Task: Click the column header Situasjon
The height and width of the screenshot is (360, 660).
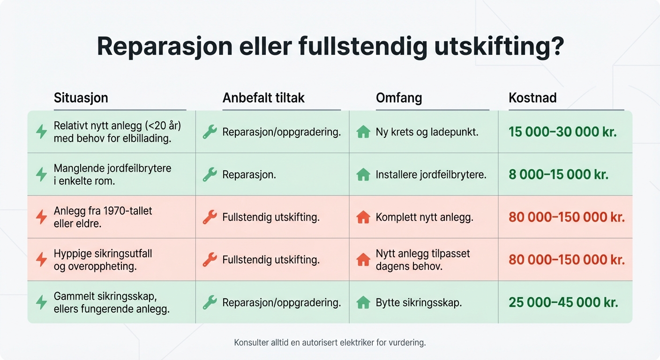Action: [81, 98]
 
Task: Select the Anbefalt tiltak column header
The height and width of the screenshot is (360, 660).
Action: [263, 98]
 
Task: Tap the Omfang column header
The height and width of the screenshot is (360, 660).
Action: [399, 98]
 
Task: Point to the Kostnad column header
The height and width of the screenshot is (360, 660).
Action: [532, 98]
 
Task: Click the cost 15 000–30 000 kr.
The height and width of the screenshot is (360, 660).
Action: [562, 132]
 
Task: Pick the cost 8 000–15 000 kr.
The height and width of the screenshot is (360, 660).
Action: [558, 175]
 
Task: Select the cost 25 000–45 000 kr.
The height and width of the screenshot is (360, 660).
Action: [563, 302]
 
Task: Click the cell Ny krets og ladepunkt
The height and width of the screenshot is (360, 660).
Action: [427, 132]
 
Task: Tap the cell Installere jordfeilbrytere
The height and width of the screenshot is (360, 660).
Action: [431, 175]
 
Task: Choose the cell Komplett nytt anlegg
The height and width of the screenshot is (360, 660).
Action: [424, 217]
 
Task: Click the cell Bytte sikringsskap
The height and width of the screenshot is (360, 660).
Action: [419, 302]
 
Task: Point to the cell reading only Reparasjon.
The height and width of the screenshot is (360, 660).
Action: [249, 175]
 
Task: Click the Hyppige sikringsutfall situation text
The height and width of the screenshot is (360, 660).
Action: [103, 260]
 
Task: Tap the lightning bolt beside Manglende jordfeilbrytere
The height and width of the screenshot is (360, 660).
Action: [42, 175]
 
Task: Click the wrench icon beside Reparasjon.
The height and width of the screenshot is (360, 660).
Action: [210, 175]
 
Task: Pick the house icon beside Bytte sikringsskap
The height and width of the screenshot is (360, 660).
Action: [363, 302]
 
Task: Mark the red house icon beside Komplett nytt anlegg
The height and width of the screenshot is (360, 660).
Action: [363, 217]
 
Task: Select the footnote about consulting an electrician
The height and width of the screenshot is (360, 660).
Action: [330, 343]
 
